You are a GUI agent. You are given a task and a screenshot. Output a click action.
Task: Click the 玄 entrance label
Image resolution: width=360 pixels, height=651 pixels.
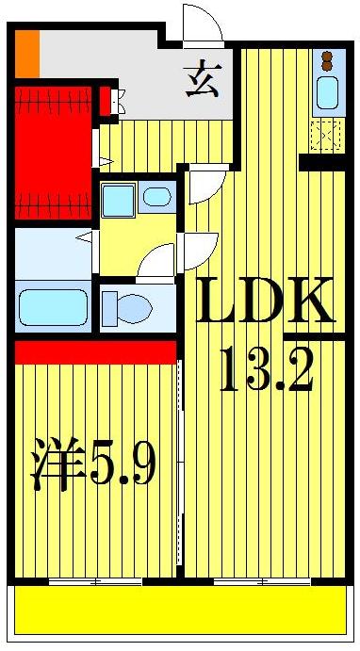pos(202,79)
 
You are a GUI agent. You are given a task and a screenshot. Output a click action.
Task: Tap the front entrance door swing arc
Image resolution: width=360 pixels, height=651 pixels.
pos(202,25)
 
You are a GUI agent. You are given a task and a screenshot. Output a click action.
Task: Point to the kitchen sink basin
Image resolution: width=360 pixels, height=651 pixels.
pos(328,94)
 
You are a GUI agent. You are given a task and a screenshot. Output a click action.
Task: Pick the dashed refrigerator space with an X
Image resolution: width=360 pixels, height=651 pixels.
pos(326,135)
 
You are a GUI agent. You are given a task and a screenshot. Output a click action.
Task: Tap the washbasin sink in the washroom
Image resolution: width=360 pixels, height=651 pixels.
pos(157,198)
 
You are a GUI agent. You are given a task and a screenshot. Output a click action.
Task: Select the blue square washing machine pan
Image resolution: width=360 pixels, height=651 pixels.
pos(118,200)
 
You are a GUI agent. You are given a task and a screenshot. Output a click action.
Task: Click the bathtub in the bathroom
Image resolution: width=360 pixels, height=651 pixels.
pos(53,307)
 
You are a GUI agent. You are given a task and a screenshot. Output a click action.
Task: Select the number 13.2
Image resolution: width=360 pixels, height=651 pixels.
pos(266,371)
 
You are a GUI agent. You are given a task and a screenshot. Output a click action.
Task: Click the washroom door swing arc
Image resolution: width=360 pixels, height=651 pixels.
pos(158,260)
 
